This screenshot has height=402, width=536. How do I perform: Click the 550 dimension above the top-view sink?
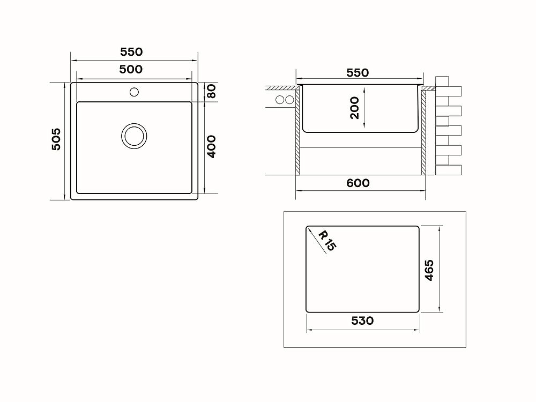pos(131,52)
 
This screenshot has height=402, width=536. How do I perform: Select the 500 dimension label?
pos(131,69)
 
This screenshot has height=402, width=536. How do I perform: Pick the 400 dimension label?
pos(211,146)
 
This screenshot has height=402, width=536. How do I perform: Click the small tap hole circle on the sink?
pos(134,92)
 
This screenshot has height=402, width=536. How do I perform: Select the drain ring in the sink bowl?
pos(134,136)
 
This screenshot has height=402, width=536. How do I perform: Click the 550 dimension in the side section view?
pos(358,72)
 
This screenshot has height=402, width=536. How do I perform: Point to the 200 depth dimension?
pos(355,108)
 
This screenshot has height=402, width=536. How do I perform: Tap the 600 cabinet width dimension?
pos(358,183)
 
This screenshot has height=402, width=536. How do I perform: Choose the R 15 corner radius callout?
pos(326,241)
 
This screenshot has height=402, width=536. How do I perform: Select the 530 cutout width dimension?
pos(362,321)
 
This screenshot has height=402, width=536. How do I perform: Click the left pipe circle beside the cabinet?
pos(280,100)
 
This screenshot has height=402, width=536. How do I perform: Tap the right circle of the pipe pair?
pos(289,100)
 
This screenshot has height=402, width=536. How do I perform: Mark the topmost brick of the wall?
pos(442,81)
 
